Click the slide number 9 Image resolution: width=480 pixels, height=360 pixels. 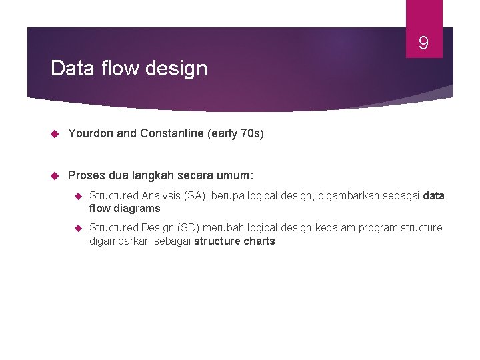tap(423, 44)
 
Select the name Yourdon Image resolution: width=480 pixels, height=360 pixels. tap(91, 133)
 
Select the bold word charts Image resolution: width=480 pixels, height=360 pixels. tap(258, 241)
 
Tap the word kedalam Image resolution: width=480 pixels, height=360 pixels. tap(333, 227)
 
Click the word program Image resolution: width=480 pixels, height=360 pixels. tap(377, 227)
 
